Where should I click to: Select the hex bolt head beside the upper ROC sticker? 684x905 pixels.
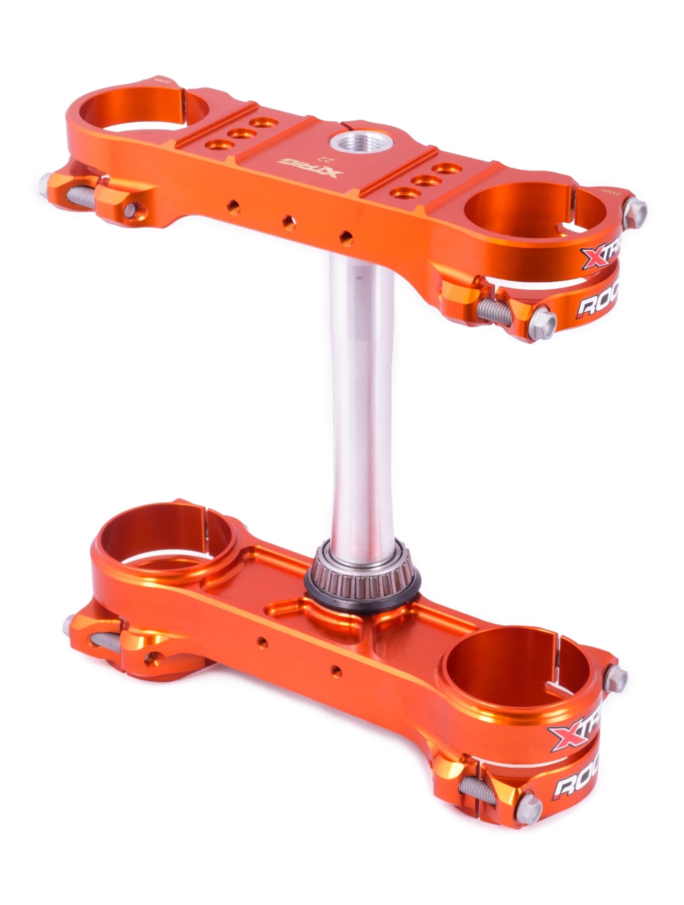click(544, 319)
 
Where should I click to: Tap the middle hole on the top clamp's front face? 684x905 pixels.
click(288, 221)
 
